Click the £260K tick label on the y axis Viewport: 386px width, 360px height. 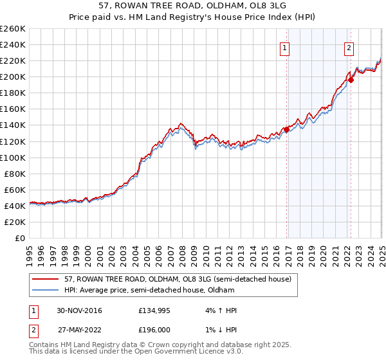tap(13, 29)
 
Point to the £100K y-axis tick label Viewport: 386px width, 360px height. tap(13, 157)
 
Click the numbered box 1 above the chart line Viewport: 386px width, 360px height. tap(284, 47)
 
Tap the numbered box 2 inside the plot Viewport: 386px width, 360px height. tap(349, 47)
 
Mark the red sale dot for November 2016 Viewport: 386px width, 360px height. tap(287, 129)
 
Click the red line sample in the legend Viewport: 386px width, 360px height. tap(46, 279)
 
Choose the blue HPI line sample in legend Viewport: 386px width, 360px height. tap(46, 290)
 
